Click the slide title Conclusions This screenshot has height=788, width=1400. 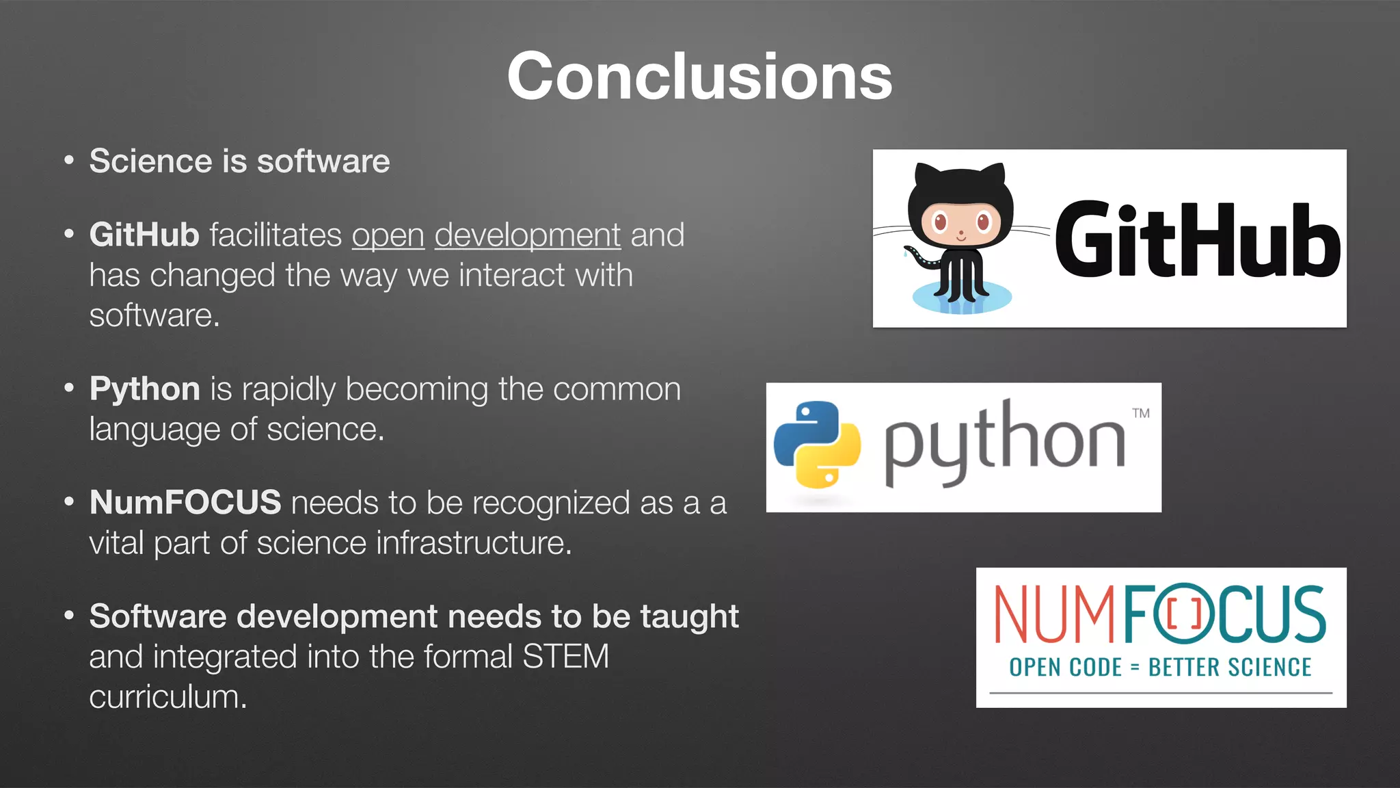click(x=699, y=77)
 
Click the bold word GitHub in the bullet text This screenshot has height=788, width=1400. click(x=144, y=235)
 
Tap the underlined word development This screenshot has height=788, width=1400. click(x=527, y=235)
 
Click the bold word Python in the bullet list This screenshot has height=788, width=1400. click(x=144, y=389)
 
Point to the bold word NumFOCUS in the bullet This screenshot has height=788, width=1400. click(x=185, y=503)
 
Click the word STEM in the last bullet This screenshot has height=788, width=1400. click(x=565, y=657)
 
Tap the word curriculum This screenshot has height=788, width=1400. click(x=167, y=697)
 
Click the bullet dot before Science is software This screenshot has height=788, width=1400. click(x=68, y=161)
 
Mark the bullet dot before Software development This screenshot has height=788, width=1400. click(x=68, y=616)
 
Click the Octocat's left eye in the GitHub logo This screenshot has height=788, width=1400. click(x=940, y=222)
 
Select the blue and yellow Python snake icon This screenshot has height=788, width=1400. click(x=817, y=445)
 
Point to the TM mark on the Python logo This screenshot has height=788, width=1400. click(x=1141, y=413)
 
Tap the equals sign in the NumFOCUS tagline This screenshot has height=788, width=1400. click(x=1135, y=668)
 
